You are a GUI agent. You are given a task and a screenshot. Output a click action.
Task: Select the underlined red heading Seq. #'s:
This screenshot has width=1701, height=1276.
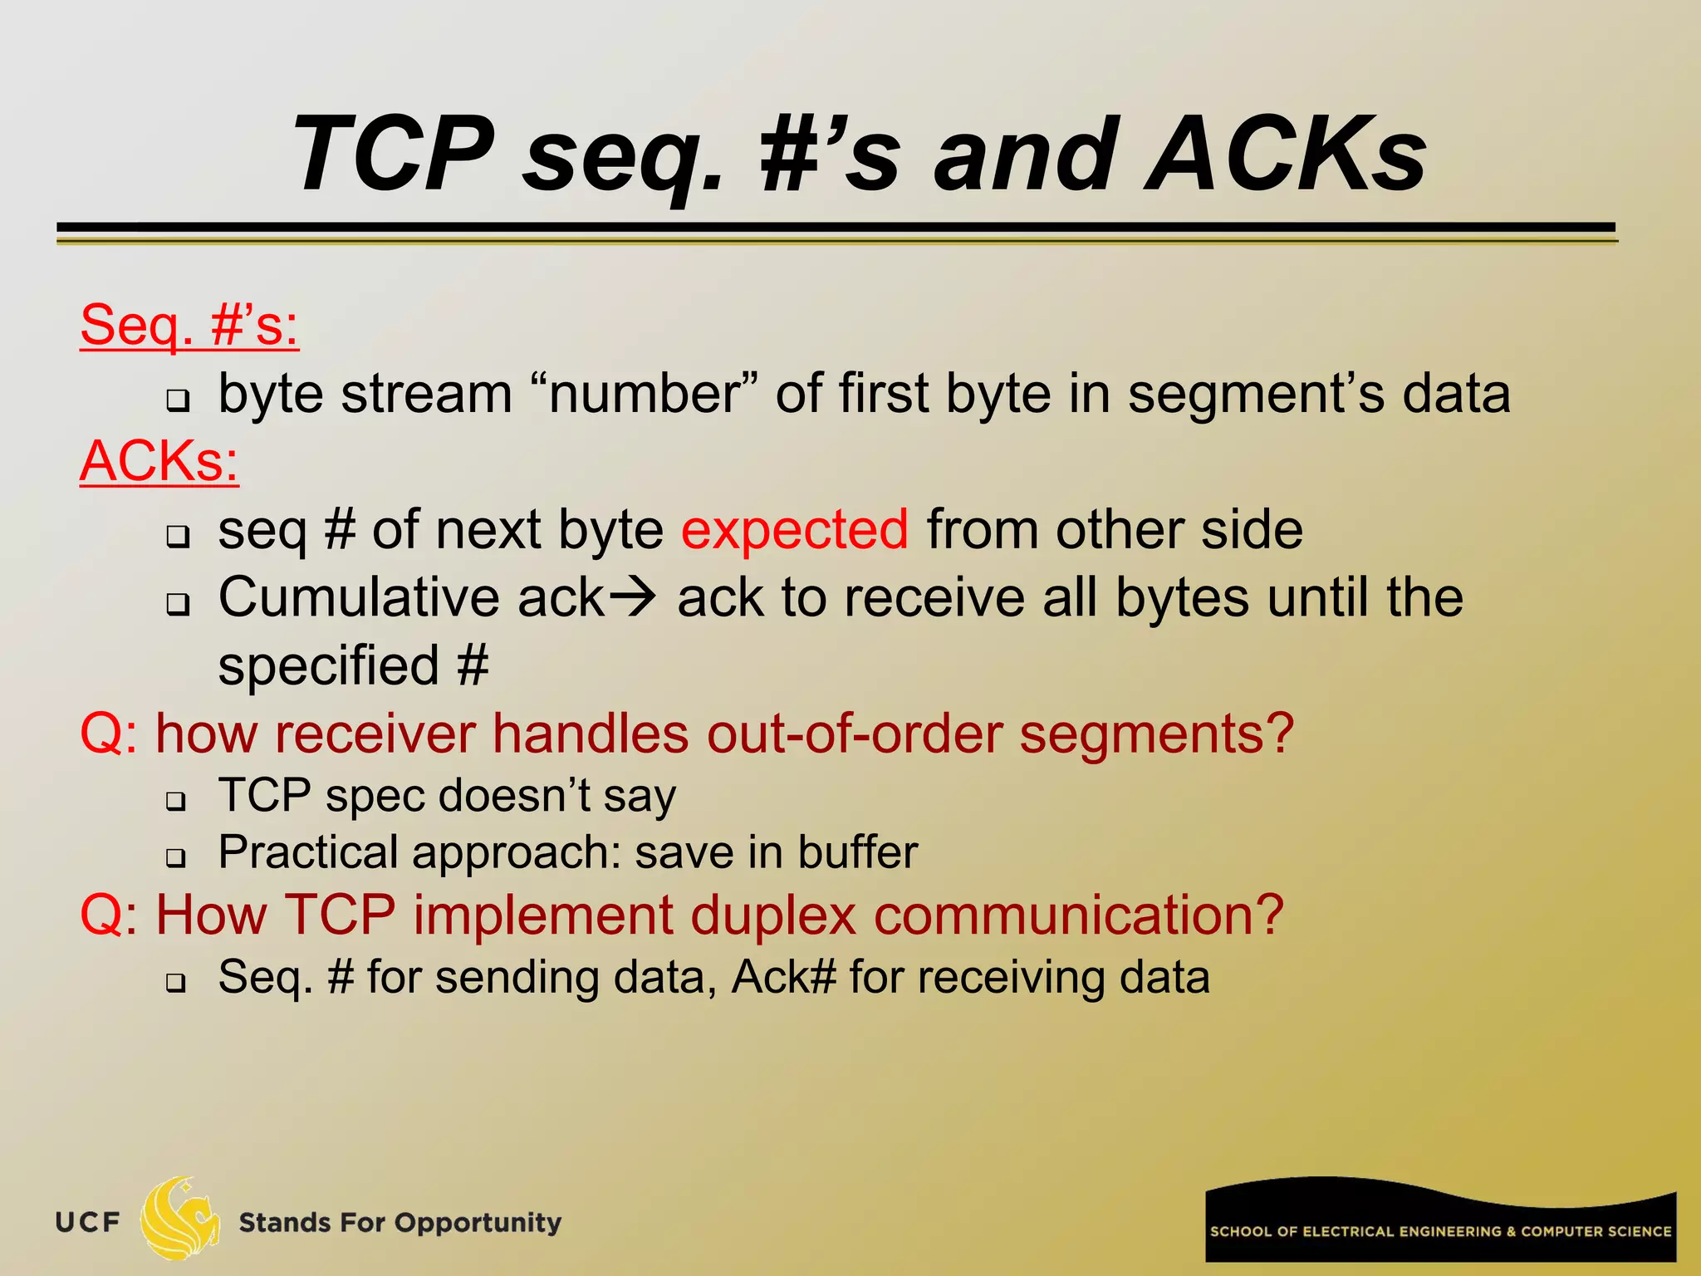coord(189,325)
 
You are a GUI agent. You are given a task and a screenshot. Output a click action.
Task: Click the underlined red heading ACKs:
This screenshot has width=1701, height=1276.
coord(159,461)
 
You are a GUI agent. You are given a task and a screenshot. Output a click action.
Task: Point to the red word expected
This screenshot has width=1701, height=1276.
coord(795,529)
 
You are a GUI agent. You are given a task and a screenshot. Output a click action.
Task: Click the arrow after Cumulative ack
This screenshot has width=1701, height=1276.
coord(633,596)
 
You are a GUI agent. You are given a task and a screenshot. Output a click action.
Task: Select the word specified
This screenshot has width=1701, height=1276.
coord(328,665)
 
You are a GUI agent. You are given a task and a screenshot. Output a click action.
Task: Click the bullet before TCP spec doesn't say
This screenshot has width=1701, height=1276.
coord(175,802)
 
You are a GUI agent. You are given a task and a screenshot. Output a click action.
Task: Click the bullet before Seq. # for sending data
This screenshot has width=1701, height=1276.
coord(175,983)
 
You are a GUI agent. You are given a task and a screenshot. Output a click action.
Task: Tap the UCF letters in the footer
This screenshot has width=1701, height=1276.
coord(88,1223)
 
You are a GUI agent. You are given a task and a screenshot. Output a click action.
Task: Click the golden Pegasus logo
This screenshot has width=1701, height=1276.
coord(179,1218)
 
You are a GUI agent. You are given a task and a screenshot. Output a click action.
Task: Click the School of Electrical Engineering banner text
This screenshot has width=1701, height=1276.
coord(1440,1231)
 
